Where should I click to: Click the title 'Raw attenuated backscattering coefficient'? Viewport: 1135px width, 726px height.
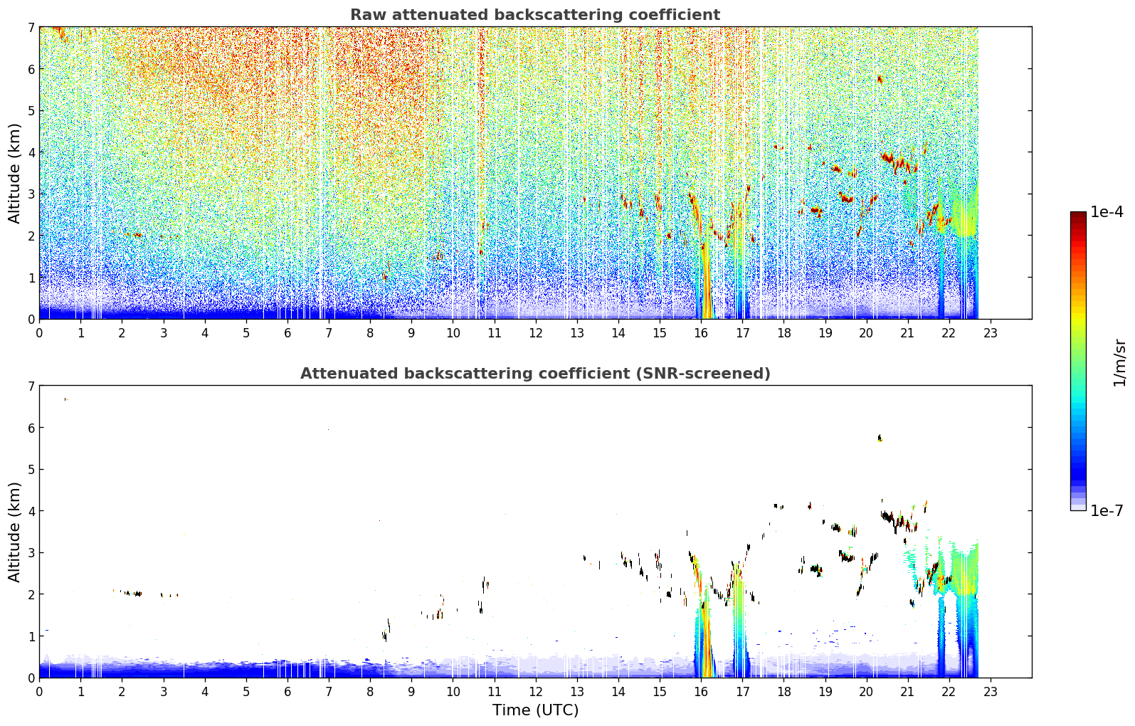(x=535, y=15)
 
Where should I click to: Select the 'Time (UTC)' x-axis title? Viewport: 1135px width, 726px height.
(x=535, y=710)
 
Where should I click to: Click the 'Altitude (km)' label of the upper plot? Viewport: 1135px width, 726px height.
(x=14, y=174)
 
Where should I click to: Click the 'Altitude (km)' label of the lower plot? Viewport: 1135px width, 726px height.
(x=14, y=532)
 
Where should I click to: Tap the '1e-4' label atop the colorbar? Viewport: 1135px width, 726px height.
(x=1107, y=212)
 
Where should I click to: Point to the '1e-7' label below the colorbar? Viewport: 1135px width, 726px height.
(x=1107, y=510)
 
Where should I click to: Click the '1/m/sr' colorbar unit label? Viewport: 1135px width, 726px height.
(x=1119, y=363)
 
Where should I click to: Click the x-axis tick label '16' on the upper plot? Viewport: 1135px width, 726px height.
(x=701, y=333)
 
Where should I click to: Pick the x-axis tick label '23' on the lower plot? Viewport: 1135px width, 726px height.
(x=990, y=692)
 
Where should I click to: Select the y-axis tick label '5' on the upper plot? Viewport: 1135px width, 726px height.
(x=31, y=110)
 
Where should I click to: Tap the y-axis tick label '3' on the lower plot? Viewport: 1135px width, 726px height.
(x=31, y=552)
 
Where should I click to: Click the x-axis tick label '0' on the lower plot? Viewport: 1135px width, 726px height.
(x=40, y=692)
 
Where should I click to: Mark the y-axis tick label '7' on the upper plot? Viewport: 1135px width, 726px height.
(x=31, y=27)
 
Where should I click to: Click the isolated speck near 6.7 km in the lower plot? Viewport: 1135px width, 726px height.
(x=66, y=399)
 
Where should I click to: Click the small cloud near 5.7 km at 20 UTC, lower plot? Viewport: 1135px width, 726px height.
(x=880, y=438)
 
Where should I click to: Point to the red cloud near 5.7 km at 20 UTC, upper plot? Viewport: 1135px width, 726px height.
(x=880, y=79)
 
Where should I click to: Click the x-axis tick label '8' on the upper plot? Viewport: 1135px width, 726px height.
(x=371, y=333)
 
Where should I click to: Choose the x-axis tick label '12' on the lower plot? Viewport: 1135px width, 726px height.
(x=536, y=692)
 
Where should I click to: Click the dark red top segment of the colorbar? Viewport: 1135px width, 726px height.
(x=1078, y=216)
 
